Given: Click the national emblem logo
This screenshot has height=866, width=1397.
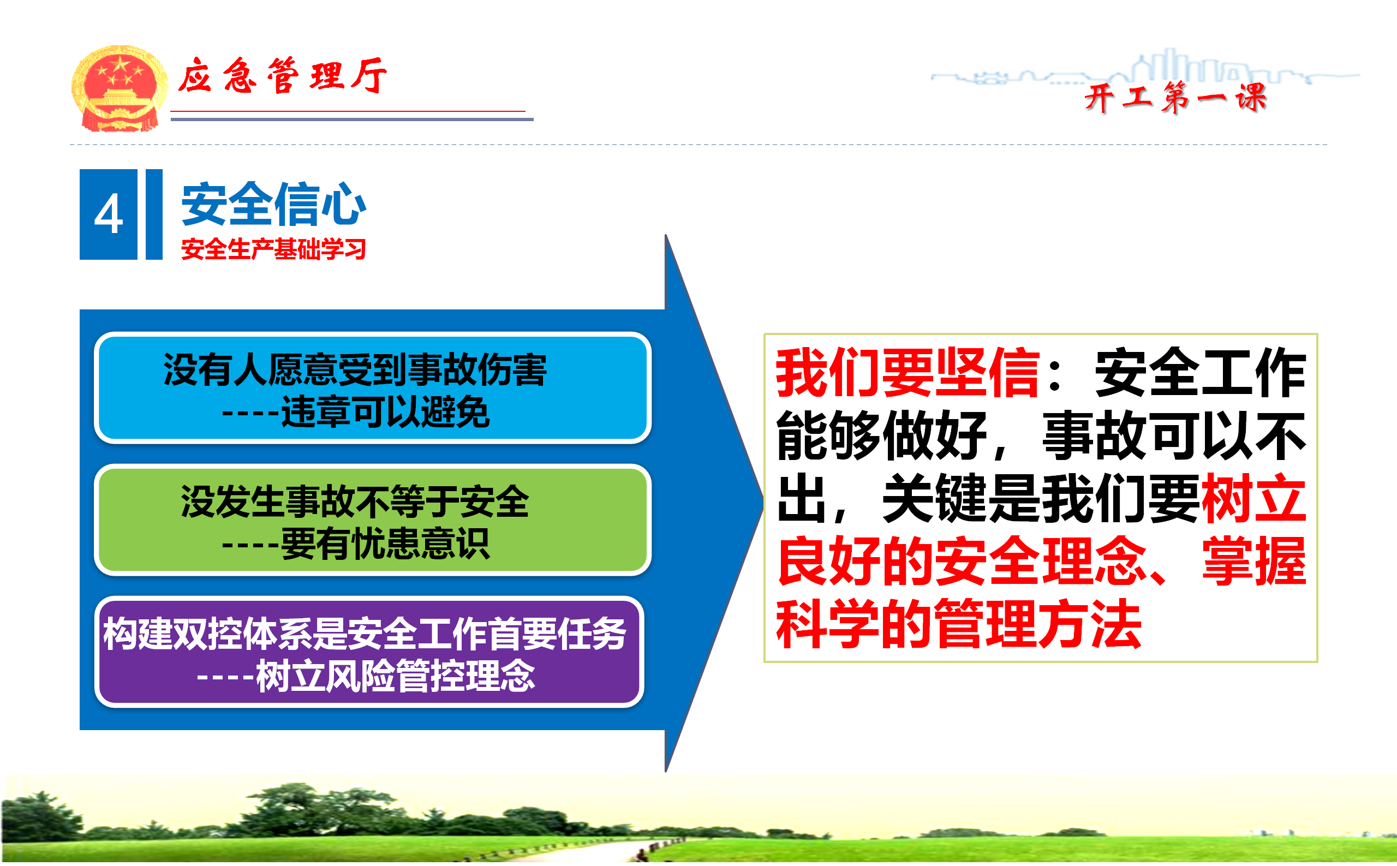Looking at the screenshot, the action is click(119, 88).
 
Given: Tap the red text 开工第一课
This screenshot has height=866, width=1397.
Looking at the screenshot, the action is click(1175, 97).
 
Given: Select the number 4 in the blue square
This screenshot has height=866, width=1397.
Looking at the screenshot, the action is click(108, 214).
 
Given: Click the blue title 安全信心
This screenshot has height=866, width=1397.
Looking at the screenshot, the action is click(274, 204).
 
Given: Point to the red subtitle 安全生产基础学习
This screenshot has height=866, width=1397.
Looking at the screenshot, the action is click(274, 249).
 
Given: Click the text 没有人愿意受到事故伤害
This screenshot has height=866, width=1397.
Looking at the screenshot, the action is click(355, 369).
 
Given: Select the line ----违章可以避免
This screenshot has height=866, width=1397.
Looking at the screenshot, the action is click(356, 411).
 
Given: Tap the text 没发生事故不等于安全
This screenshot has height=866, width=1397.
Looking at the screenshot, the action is click(355, 501).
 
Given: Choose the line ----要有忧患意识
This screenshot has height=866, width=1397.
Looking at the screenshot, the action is click(356, 543).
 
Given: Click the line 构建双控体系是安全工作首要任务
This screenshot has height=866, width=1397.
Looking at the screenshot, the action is click(365, 634).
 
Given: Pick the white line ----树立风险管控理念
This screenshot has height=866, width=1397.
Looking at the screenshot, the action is click(366, 676).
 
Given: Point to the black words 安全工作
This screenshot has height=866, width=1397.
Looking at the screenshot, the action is click(1201, 372).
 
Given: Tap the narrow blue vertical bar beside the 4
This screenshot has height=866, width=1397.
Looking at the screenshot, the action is click(154, 214).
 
